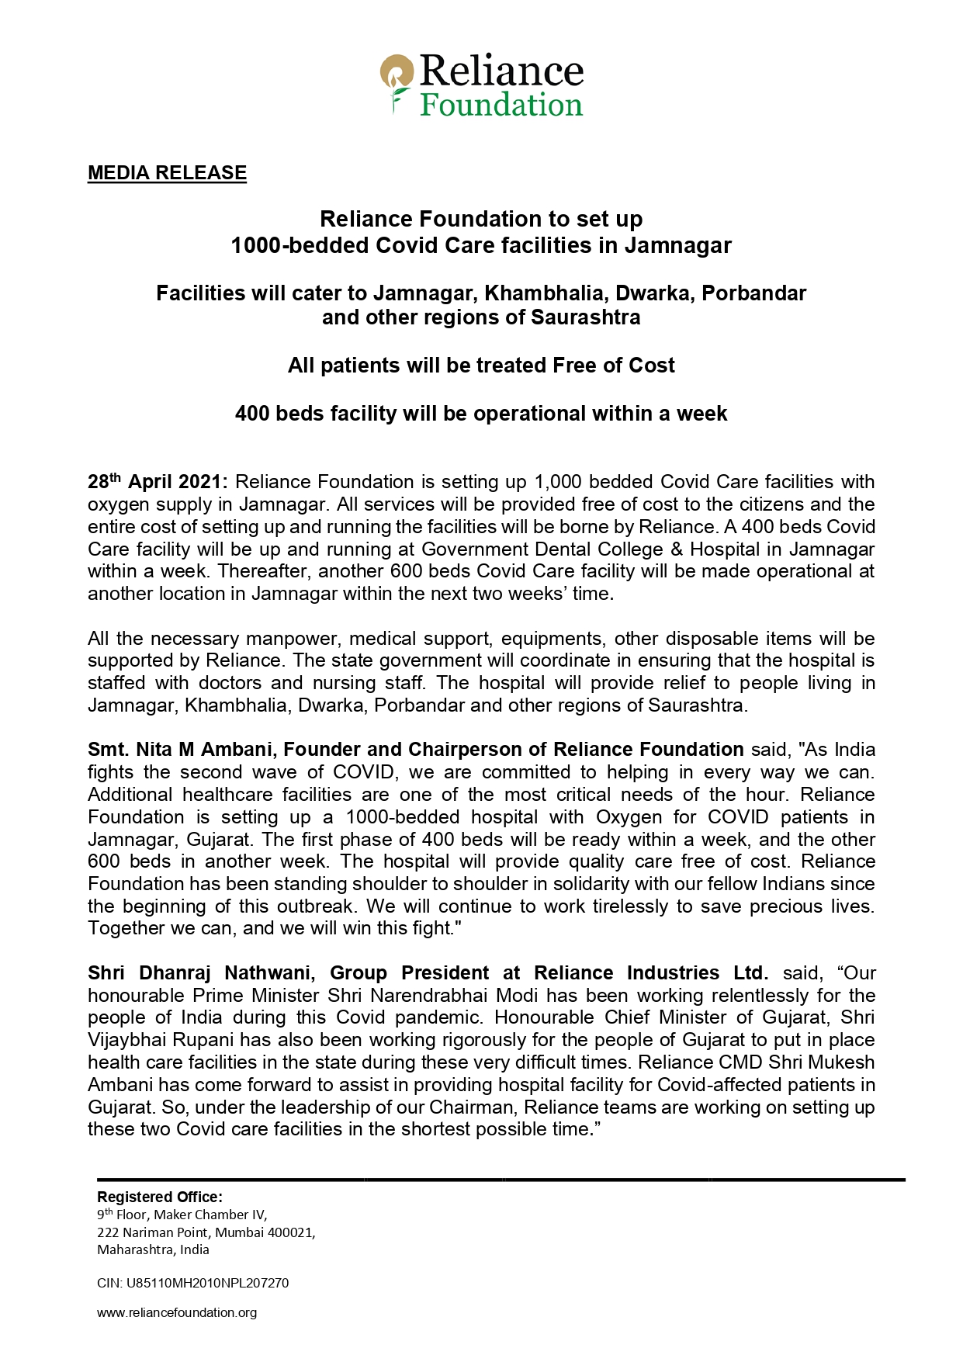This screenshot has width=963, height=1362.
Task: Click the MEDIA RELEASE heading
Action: point(167,173)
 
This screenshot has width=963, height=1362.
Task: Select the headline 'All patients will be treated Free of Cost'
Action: point(481,366)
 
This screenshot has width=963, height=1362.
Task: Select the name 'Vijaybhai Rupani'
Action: point(161,1040)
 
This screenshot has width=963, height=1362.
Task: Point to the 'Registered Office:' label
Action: point(159,1197)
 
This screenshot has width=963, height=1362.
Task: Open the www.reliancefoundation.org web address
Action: point(177,1312)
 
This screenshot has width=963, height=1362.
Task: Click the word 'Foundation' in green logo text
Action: point(501,105)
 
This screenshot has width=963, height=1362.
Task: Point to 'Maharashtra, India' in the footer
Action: point(153,1249)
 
